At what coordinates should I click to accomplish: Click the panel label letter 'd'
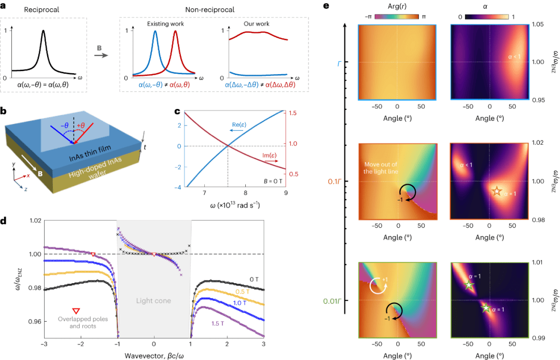pos(3,220)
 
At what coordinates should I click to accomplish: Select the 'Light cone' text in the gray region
pos(153,301)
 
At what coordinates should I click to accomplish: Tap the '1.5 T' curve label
pos(217,324)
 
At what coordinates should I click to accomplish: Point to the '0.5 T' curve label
pos(242,292)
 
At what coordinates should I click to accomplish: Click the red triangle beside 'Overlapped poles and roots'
pos(76,311)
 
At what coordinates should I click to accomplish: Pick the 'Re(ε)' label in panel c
pos(239,124)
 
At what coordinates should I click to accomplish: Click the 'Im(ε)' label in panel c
pos(269,155)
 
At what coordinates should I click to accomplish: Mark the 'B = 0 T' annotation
pos(273,181)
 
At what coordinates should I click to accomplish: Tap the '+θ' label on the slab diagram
pos(81,126)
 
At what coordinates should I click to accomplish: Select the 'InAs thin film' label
pos(90,153)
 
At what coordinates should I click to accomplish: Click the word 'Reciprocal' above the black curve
pos(41,10)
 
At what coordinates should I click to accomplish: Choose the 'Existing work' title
pos(165,23)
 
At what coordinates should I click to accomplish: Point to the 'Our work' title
pos(257,23)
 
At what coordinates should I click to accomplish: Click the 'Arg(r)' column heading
pos(397,6)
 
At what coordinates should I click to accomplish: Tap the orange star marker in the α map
pos(496,191)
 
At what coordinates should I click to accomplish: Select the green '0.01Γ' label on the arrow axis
pos(333,301)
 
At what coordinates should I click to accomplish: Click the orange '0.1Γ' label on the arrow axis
pos(334,182)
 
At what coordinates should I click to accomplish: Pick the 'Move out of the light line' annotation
pos(381,168)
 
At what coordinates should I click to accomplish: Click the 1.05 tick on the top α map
pos(538,24)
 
